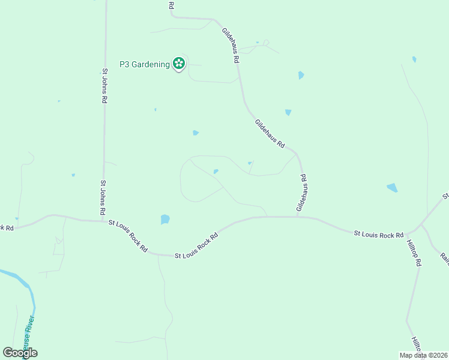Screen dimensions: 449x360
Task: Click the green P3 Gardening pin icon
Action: coord(178,63)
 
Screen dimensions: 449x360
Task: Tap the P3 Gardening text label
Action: coord(144,64)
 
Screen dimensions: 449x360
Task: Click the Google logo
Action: coord(20,353)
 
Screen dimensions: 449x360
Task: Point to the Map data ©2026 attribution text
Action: coord(423,355)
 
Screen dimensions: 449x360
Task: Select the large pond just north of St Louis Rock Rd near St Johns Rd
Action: coord(165,220)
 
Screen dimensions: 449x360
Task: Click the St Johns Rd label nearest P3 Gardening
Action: coord(104,86)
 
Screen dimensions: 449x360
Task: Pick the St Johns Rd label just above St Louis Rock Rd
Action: coord(103,198)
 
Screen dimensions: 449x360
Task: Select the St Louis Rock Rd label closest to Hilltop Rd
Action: coord(378,235)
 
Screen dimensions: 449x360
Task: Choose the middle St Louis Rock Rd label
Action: coord(196,246)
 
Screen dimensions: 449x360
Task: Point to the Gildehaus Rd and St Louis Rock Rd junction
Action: coord(298,217)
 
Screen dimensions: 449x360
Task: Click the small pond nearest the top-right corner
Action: coord(414,59)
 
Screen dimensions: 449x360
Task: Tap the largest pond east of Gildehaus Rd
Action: coord(392,188)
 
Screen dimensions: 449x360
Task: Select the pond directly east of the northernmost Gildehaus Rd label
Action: coord(301,76)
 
